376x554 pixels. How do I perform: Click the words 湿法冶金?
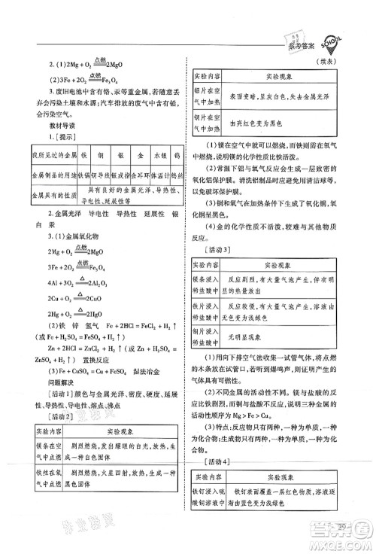(144, 371)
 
